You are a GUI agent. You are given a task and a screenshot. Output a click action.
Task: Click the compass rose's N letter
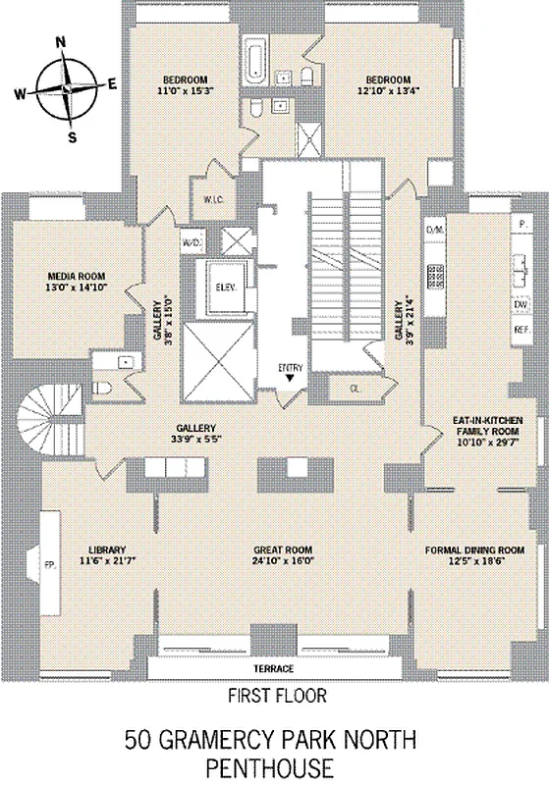coord(62,42)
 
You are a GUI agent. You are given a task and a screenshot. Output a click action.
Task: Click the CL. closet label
coord(355,389)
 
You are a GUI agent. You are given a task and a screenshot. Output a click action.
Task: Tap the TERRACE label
coord(274,668)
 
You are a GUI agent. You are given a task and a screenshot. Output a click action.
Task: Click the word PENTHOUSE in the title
coord(274,765)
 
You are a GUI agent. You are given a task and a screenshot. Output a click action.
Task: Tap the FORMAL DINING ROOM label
coord(473,549)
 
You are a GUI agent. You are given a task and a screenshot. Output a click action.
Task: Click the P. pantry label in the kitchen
coord(518,225)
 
